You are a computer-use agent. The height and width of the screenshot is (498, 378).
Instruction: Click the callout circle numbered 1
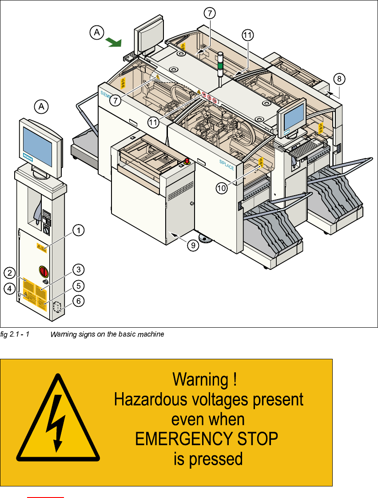[78, 230]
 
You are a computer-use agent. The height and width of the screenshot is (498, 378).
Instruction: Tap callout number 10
[221, 189]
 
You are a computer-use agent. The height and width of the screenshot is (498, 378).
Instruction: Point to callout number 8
[339, 79]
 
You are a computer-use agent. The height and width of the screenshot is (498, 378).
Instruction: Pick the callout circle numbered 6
[78, 301]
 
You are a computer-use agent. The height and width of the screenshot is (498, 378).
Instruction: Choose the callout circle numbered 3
[78, 269]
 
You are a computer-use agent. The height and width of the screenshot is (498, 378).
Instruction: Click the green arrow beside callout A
[114, 42]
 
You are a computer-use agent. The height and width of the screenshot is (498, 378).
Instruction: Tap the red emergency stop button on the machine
[187, 160]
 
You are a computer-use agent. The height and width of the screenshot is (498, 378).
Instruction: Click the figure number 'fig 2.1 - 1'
[15, 333]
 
